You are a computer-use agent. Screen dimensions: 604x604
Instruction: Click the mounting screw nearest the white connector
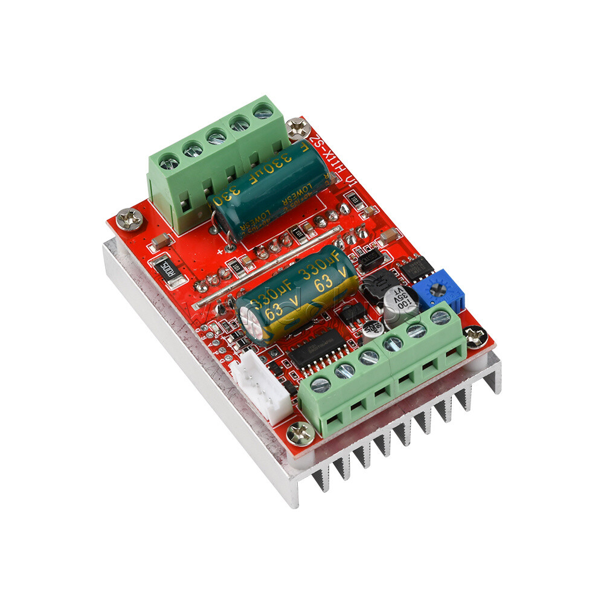[x=300, y=432]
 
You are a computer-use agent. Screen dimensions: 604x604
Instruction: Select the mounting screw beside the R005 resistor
[x=129, y=219]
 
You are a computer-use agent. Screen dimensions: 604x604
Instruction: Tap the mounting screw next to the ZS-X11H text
[x=298, y=127]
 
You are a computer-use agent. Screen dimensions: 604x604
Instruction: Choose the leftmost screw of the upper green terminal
[x=169, y=162]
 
